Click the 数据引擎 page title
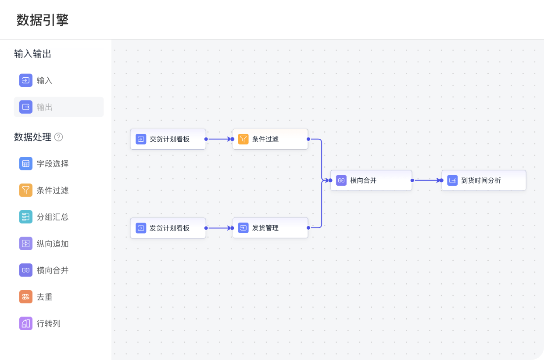[43, 20]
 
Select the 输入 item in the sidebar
[44, 80]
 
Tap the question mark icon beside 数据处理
[58, 137]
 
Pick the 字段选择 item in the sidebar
[52, 164]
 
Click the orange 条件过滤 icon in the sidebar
[26, 190]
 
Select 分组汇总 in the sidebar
[52, 217]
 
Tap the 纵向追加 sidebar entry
[52, 244]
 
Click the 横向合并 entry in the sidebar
[52, 270]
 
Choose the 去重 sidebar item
[44, 297]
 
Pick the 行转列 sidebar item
[48, 324]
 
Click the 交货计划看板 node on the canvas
[168, 139]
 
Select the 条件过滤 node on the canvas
[270, 139]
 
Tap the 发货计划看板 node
[168, 228]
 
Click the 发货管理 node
[270, 228]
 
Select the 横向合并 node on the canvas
[371, 180]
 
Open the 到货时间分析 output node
[483, 180]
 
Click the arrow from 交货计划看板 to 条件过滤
[219, 139]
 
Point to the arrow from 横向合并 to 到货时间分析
[426, 180]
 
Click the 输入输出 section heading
[33, 54]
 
